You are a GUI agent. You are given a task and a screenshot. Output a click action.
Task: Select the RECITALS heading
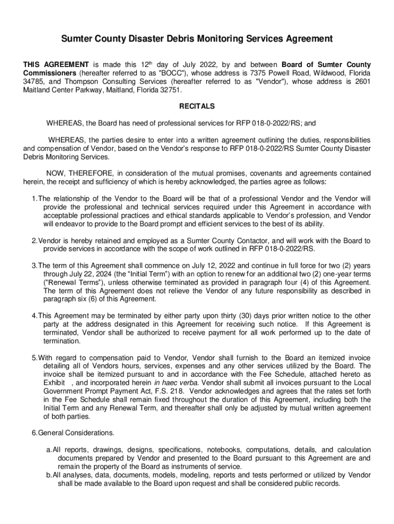(197, 106)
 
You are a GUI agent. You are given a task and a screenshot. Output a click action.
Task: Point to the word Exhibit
(54, 383)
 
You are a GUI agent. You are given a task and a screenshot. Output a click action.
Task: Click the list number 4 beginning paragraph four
(33, 316)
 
